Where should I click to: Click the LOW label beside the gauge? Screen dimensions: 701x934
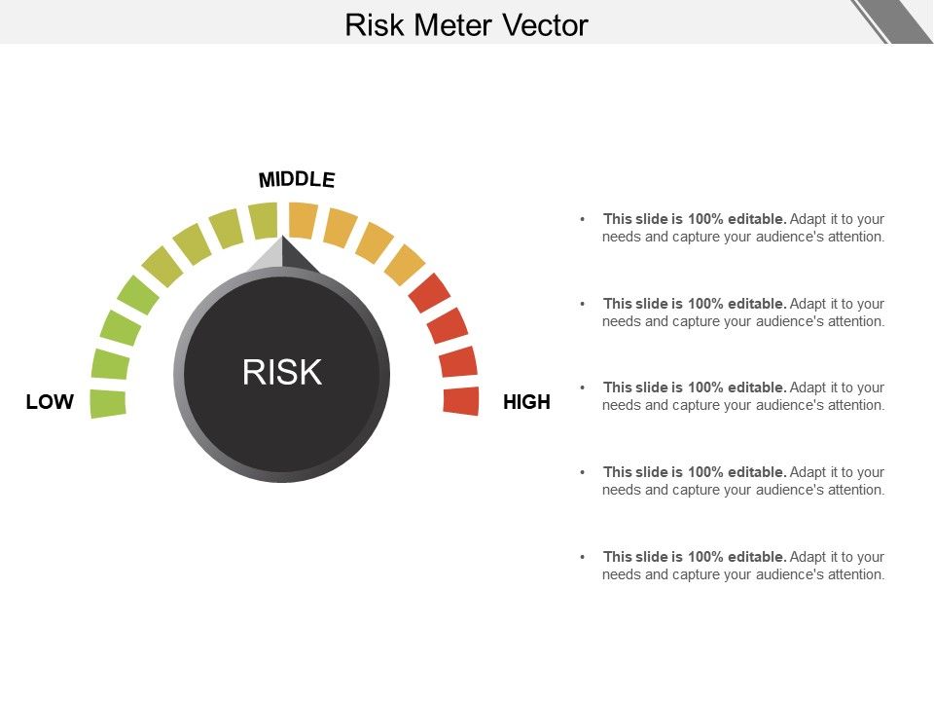(x=50, y=402)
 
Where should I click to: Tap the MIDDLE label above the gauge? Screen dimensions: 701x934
(x=297, y=179)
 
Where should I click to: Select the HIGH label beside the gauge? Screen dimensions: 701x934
(x=526, y=402)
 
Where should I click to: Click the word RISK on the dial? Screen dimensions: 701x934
(x=282, y=372)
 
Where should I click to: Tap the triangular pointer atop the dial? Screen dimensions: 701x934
(x=282, y=256)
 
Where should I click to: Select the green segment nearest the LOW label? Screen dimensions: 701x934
(x=108, y=403)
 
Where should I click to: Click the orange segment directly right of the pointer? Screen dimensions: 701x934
(x=303, y=219)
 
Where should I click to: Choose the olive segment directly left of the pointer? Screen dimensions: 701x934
(x=263, y=220)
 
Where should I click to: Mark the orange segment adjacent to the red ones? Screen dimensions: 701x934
(x=405, y=264)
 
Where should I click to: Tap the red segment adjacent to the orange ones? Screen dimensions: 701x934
(x=429, y=292)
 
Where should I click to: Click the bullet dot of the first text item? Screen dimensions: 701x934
(x=582, y=219)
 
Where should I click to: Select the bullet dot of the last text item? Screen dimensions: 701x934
(x=582, y=557)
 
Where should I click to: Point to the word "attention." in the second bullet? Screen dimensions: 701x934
(x=856, y=321)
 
